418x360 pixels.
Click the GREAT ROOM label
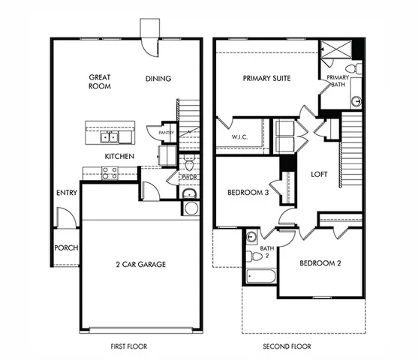(100, 81)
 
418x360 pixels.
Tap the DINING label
(158, 79)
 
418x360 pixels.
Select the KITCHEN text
(119, 156)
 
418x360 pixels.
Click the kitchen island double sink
(111, 137)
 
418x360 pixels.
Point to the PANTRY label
(167, 133)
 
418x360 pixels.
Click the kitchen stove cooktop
(110, 172)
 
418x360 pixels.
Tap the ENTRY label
(67, 193)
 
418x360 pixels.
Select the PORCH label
(66, 248)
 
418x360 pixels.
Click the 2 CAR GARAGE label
(140, 264)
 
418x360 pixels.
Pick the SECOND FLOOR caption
(287, 346)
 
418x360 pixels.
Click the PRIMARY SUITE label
(266, 78)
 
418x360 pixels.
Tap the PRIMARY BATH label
(338, 81)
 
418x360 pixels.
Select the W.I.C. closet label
(237, 137)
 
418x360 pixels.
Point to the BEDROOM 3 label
(248, 193)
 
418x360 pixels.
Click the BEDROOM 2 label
(320, 263)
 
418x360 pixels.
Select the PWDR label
(188, 177)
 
